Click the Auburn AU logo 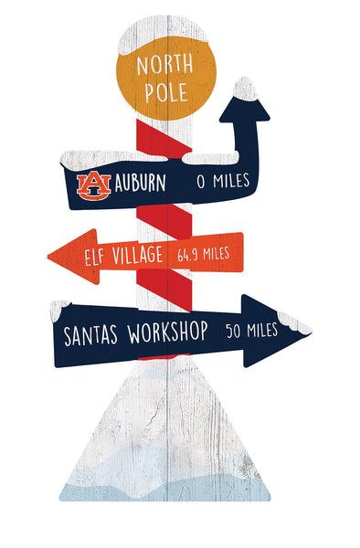(93, 185)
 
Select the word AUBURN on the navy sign (139, 183)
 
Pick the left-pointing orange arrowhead (64, 257)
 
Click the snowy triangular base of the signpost (164, 448)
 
